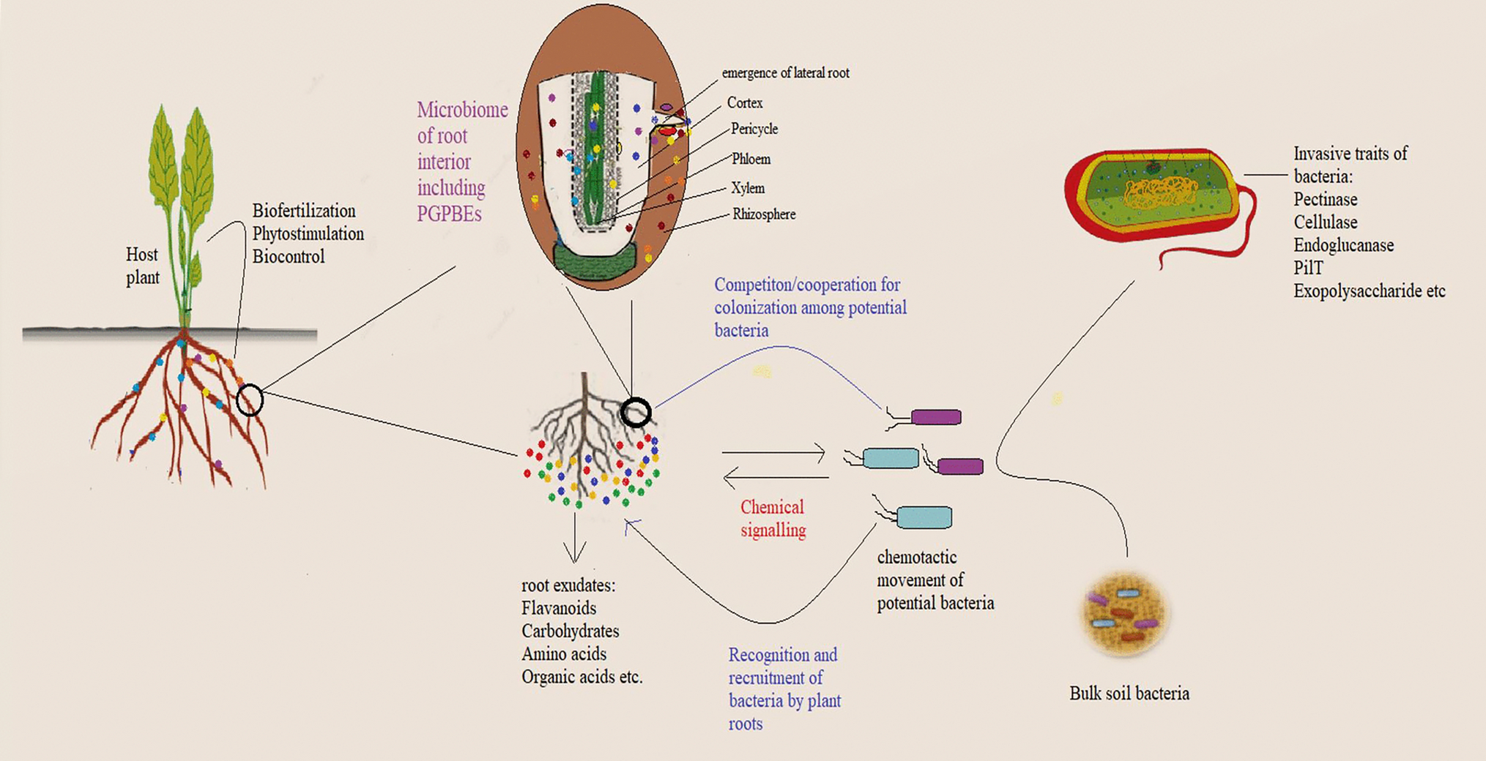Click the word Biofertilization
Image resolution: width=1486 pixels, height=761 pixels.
tap(304, 211)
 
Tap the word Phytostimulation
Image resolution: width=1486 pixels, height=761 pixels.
tap(308, 233)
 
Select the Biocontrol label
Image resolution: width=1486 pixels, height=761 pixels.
tap(289, 257)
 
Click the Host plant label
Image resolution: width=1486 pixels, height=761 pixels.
tap(142, 266)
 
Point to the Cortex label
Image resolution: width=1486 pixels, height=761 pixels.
tap(745, 103)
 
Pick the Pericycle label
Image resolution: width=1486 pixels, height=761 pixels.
tap(754, 129)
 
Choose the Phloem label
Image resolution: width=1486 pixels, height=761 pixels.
tap(751, 159)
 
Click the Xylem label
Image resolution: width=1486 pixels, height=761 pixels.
tap(748, 188)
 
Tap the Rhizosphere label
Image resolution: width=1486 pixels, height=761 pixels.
tap(764, 214)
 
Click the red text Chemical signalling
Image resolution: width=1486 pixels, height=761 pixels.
tap(773, 518)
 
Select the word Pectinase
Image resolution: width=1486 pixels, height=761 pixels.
tap(1325, 200)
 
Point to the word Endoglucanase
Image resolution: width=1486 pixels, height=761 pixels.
tap(1343, 245)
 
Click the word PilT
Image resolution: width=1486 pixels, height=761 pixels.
tap(1308, 269)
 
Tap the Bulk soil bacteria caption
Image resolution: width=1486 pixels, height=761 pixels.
tap(1129, 694)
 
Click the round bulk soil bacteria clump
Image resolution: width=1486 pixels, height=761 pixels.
tap(1125, 613)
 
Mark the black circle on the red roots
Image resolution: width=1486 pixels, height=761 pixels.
tap(250, 400)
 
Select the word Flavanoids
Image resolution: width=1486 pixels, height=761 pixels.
tap(559, 608)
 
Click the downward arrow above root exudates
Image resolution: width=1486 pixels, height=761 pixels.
tap(575, 541)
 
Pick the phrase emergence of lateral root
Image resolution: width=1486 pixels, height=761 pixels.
tap(785, 73)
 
